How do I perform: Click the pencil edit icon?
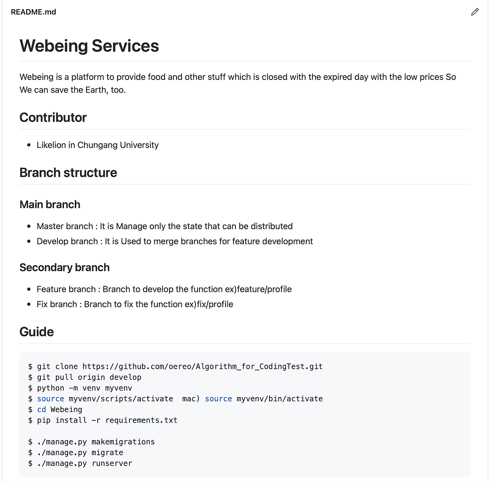click(x=475, y=12)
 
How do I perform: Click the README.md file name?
click(x=33, y=12)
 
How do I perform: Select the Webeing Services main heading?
click(x=89, y=46)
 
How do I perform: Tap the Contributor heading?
click(x=53, y=117)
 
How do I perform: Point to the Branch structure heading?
click(x=68, y=173)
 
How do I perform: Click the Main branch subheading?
click(x=50, y=204)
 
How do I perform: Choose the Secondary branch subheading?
click(x=64, y=267)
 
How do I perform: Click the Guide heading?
click(x=36, y=332)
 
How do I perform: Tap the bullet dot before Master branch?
click(x=29, y=226)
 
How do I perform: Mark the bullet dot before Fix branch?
click(x=29, y=305)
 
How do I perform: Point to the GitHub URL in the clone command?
click(x=203, y=366)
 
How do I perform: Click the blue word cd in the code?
click(x=41, y=409)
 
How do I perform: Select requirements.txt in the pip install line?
click(x=141, y=420)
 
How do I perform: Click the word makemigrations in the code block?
click(x=123, y=441)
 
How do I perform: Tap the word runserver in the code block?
click(x=112, y=463)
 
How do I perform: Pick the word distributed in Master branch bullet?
click(x=271, y=226)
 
